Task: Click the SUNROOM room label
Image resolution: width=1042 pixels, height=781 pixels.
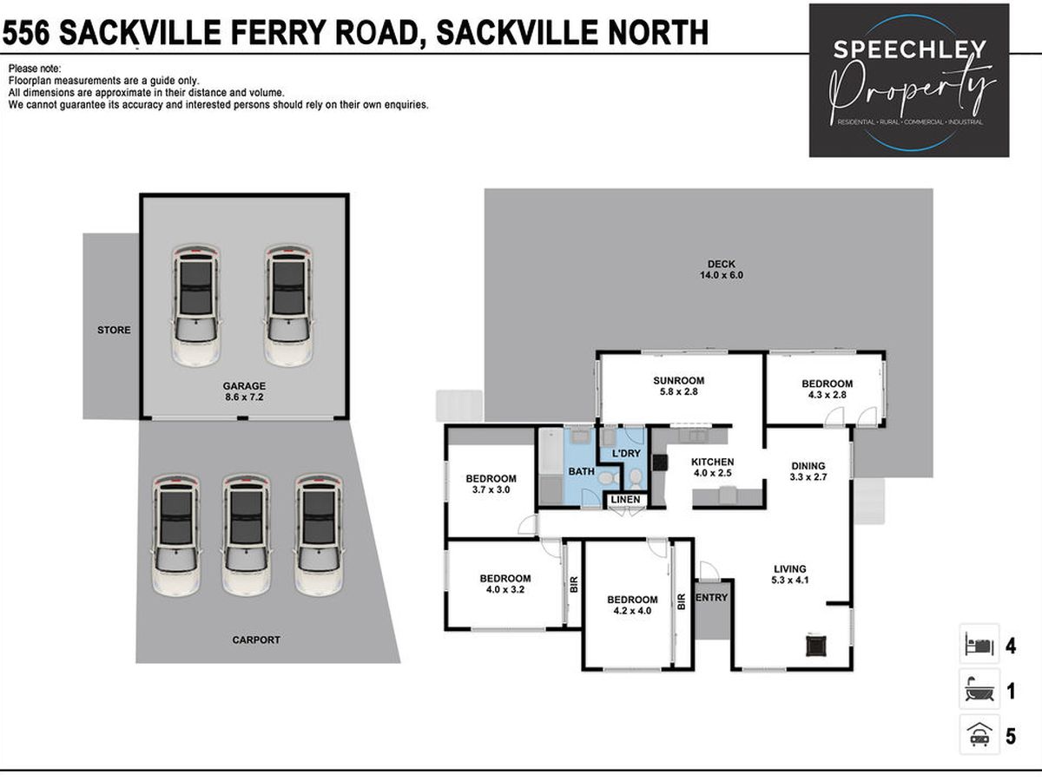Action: click(x=678, y=380)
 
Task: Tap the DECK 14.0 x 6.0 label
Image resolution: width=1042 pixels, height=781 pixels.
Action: click(x=721, y=269)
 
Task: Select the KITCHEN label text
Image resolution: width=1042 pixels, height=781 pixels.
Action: click(x=712, y=462)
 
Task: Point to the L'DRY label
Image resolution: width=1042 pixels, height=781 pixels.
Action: click(x=626, y=453)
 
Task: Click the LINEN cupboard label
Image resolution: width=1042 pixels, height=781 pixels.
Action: click(x=625, y=499)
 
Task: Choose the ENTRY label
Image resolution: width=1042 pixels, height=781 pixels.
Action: click(x=711, y=598)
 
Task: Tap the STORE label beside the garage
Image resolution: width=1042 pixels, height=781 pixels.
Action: click(x=114, y=330)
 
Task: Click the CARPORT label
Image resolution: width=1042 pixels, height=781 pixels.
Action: click(x=256, y=640)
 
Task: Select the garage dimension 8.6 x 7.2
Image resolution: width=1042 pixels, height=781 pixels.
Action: click(x=244, y=397)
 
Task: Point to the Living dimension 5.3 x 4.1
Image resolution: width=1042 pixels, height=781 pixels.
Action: click(x=790, y=580)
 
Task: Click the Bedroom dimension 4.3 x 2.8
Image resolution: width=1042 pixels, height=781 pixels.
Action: click(x=827, y=395)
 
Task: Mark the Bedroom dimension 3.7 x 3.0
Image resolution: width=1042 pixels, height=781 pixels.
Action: click(x=491, y=489)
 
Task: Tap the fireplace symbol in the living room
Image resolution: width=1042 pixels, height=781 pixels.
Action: click(x=816, y=646)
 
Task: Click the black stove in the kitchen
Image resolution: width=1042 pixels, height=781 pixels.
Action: click(x=660, y=462)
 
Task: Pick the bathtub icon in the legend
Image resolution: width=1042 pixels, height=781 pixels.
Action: click(x=979, y=692)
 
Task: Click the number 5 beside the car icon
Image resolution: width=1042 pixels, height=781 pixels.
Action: click(x=1011, y=737)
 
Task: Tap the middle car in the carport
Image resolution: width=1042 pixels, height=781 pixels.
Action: click(x=247, y=535)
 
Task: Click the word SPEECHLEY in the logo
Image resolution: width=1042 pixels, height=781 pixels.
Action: click(x=909, y=49)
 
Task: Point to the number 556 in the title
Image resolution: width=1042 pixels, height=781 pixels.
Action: click(x=26, y=33)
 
